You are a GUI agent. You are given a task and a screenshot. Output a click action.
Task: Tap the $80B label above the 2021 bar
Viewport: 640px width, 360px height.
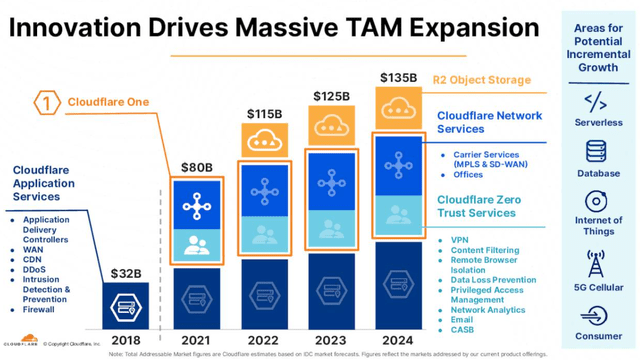pos(196,167)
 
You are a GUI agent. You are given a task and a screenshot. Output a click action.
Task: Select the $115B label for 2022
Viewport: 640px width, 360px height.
pos(264,114)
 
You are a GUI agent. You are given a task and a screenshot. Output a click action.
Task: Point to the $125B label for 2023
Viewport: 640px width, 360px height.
pos(330,96)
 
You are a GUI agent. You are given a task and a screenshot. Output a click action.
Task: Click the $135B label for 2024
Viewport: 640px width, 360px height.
pos(398,76)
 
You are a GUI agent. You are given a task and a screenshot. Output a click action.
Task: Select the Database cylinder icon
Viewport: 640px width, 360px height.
pos(596,151)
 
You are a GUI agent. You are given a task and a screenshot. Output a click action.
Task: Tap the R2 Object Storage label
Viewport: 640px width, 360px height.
pos(481,80)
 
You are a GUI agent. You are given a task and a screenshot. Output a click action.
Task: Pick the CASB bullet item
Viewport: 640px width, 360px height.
pos(462,328)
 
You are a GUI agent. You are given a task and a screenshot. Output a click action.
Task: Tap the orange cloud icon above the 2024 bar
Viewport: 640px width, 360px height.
pos(398,107)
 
